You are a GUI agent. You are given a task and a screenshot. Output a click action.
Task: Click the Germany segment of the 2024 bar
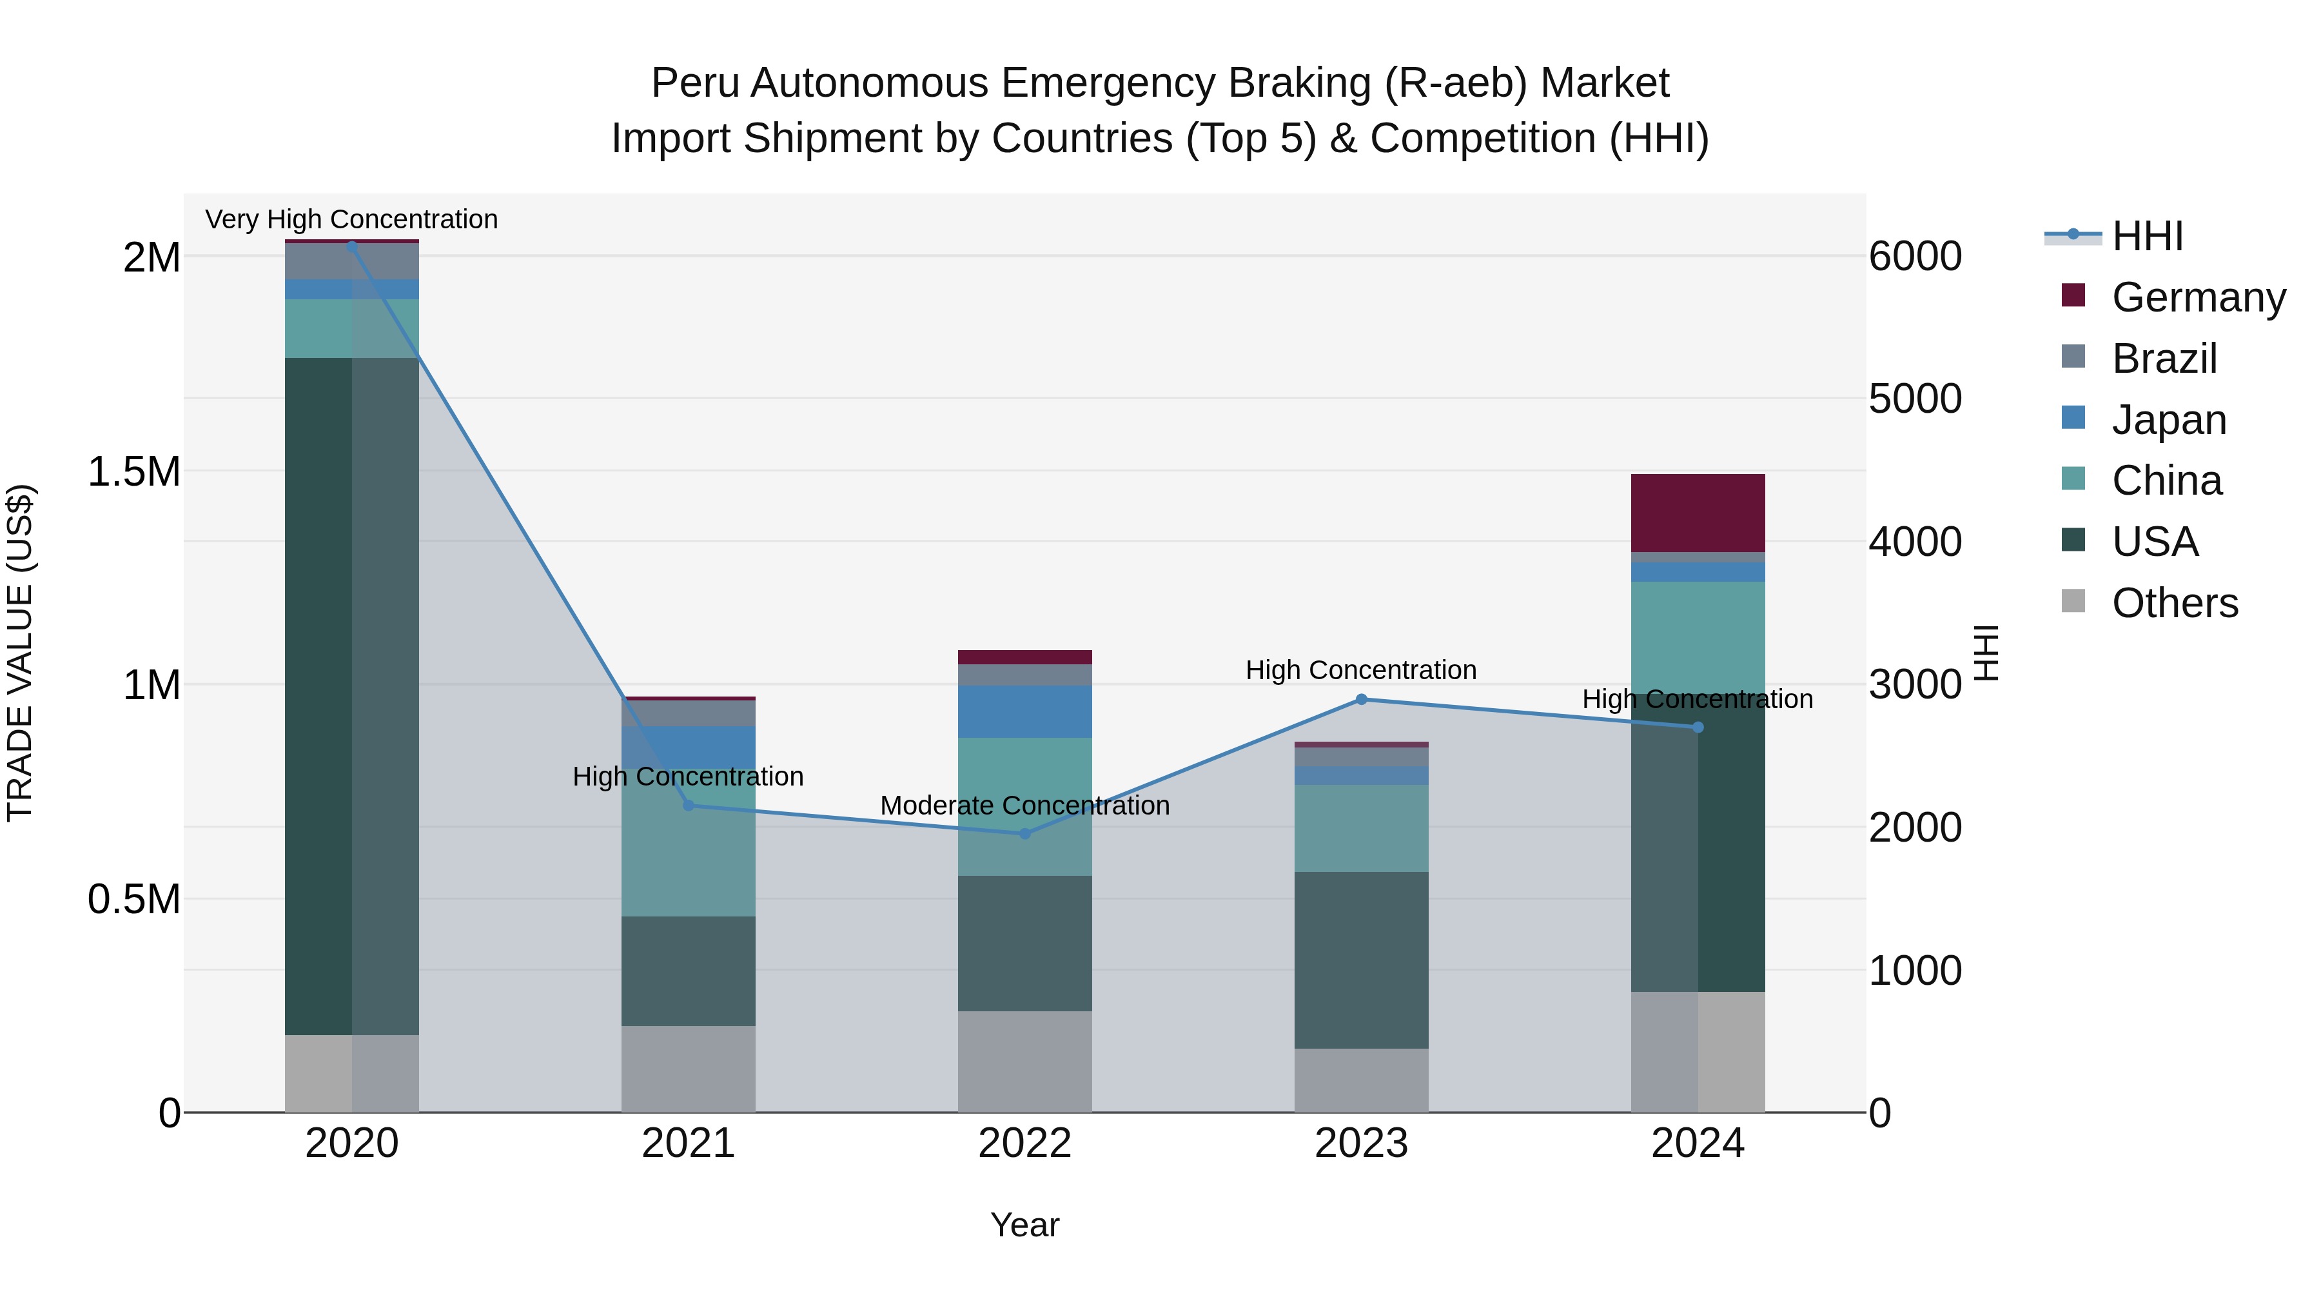pyautogui.click(x=1698, y=512)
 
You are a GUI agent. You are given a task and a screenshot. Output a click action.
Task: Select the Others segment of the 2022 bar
pyautogui.click(x=1024, y=1061)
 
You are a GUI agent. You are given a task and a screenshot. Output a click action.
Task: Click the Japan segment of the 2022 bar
pyautogui.click(x=1024, y=711)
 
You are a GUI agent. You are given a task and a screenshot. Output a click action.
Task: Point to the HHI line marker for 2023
pyautogui.click(x=1362, y=699)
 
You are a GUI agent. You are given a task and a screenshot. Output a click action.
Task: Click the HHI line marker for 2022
pyautogui.click(x=1024, y=834)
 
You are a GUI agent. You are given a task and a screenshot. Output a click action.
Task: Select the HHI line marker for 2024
pyautogui.click(x=1698, y=727)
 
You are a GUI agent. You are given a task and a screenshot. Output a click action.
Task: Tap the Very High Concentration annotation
pyautogui.click(x=351, y=219)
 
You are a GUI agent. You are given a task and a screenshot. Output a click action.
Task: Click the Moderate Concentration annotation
pyautogui.click(x=1024, y=805)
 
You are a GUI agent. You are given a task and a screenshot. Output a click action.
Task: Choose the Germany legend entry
pyautogui.click(x=2199, y=297)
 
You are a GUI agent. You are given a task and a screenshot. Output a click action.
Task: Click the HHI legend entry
pyautogui.click(x=2147, y=236)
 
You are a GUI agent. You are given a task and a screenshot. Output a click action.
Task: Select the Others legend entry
pyautogui.click(x=2174, y=602)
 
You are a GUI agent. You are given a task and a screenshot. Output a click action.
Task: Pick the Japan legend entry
pyautogui.click(x=2169, y=419)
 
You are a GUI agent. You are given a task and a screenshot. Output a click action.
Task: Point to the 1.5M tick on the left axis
pyautogui.click(x=133, y=471)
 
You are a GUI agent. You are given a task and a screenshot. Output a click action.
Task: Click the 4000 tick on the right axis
pyautogui.click(x=1915, y=542)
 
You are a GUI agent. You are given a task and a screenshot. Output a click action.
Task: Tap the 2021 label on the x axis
pyautogui.click(x=689, y=1143)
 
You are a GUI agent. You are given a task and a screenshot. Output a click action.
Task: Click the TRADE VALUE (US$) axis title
pyautogui.click(x=20, y=653)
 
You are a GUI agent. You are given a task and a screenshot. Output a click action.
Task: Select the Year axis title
pyautogui.click(x=1024, y=1225)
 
